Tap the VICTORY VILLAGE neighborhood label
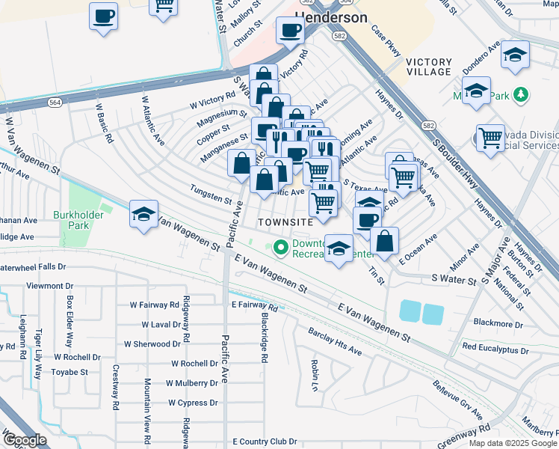(x=430, y=67)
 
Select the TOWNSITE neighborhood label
(x=285, y=223)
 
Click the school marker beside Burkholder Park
(x=143, y=213)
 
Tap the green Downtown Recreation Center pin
(x=281, y=247)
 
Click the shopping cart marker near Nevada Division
(x=490, y=137)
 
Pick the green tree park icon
(x=522, y=95)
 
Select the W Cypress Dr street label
(x=192, y=403)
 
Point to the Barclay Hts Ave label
(x=335, y=341)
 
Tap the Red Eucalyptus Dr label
(x=495, y=349)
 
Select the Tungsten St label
(x=211, y=196)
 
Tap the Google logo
(x=25, y=439)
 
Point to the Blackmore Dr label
(x=498, y=323)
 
